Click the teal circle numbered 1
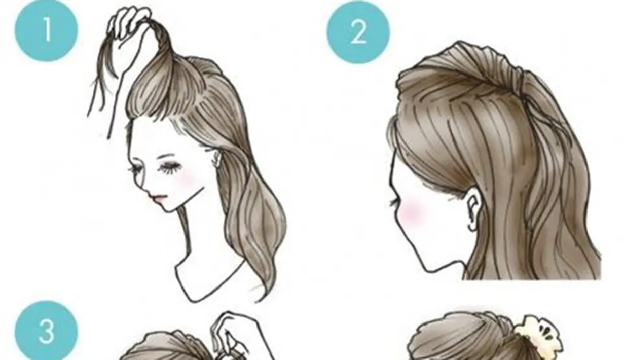pos(46,29)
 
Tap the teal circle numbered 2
pos(358,32)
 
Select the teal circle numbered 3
pos(46,332)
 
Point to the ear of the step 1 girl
pos(217,158)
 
